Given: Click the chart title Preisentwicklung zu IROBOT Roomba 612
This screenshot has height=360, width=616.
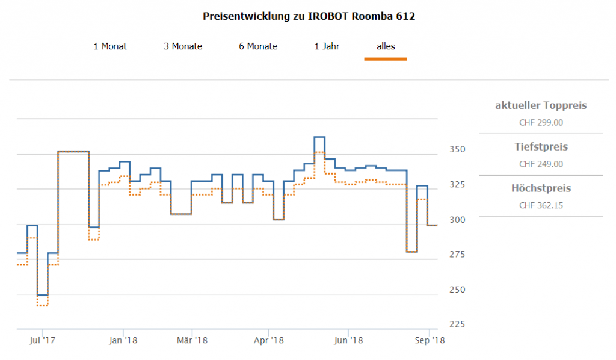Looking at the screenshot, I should coord(309,16).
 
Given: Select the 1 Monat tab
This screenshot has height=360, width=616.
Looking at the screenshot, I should coord(110,46).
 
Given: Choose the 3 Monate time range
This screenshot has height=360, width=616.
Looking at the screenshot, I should coord(183,46).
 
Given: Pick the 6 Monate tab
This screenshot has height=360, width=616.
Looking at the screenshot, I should coord(258,46).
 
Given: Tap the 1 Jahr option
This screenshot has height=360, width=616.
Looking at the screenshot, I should coord(327,46).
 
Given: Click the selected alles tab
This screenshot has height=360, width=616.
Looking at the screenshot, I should coord(386,46).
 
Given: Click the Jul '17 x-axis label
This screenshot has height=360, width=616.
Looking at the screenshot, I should coord(42,341).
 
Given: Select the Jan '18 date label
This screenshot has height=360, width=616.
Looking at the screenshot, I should coord(123,341).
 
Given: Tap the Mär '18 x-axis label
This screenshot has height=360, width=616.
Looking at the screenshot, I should coord(192,341).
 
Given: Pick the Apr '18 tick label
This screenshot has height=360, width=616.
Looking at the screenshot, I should coord(269,341).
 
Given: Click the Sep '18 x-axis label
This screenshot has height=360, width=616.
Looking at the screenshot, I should coord(430,341).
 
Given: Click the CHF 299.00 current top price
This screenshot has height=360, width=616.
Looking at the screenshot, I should coord(541,122).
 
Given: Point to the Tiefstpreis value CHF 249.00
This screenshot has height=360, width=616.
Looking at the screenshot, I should coord(541,164).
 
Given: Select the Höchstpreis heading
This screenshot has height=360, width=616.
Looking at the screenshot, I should coord(541,188).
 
